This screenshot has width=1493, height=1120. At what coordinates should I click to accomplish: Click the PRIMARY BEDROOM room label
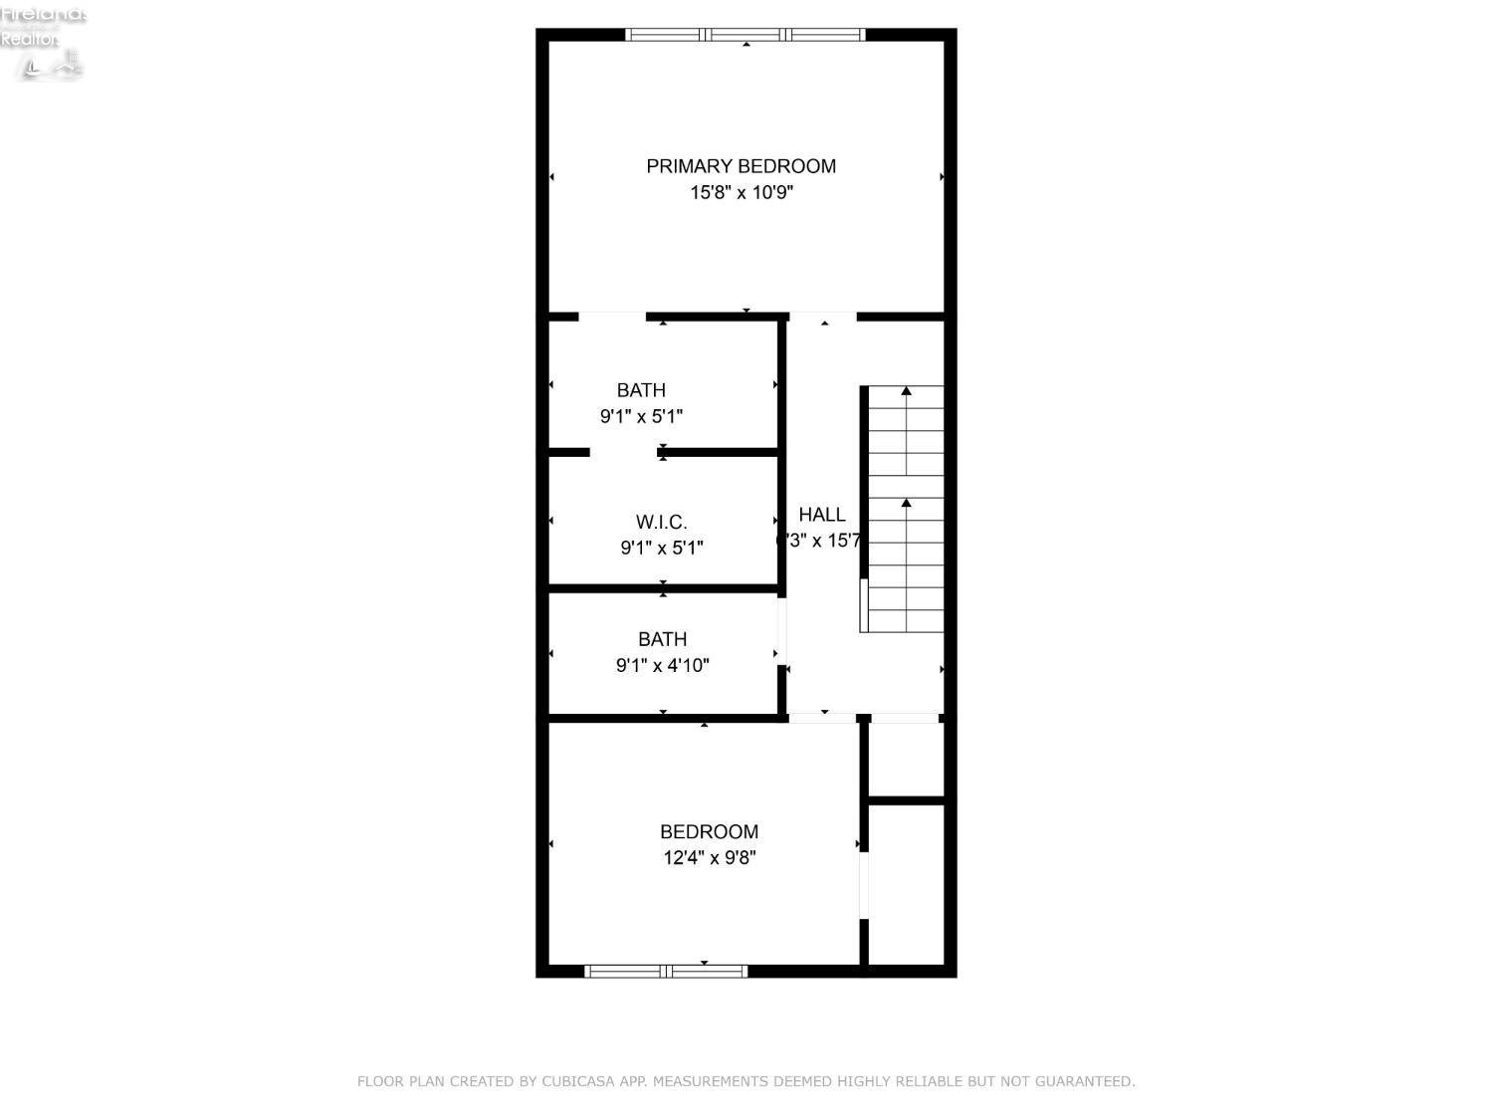(741, 166)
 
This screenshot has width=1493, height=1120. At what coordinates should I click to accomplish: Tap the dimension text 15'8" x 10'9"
(741, 192)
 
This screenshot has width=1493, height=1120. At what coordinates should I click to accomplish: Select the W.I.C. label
(662, 522)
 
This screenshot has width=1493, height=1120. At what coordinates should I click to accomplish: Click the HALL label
(822, 515)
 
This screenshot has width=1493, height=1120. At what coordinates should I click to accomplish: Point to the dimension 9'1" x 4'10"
(662, 665)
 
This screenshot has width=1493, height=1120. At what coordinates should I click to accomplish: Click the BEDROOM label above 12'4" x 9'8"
(709, 831)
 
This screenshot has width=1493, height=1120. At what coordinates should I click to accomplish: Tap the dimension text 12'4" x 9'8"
(709, 857)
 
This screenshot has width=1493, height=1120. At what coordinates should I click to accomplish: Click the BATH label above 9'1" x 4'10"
(662, 639)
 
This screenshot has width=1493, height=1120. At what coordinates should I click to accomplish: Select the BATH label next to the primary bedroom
(641, 390)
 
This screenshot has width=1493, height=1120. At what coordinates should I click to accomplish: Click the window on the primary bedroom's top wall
(746, 35)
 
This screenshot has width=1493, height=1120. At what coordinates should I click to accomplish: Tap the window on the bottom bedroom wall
(666, 971)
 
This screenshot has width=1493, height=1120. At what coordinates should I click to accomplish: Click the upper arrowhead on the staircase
(906, 392)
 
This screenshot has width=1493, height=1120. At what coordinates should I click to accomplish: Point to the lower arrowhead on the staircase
(906, 504)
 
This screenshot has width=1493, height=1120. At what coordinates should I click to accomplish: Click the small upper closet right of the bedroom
(906, 759)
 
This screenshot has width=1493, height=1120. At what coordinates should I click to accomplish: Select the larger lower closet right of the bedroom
(906, 884)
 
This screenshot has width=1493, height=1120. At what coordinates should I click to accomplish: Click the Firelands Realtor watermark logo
(43, 42)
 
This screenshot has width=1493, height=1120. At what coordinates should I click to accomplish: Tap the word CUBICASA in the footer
(579, 1081)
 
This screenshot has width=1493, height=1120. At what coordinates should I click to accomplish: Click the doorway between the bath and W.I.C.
(623, 452)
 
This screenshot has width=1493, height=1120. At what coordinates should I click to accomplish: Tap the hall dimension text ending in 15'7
(820, 541)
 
